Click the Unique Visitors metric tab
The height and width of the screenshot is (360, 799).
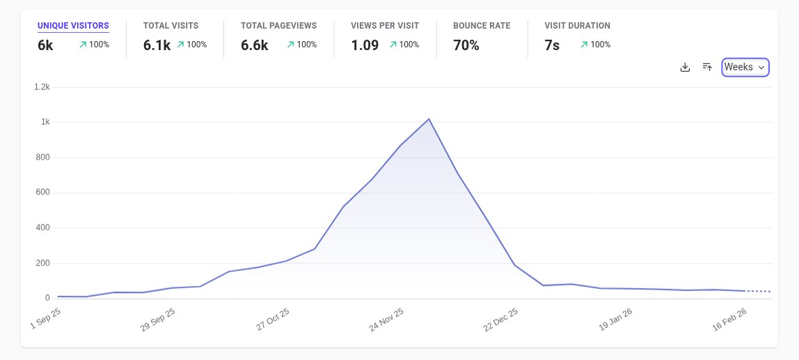click(x=73, y=26)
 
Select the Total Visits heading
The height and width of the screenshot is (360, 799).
click(x=171, y=26)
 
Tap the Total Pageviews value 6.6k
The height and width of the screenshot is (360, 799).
click(x=254, y=45)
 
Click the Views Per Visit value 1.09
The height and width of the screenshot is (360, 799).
click(x=365, y=45)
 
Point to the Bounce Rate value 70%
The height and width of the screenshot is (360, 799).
click(x=466, y=45)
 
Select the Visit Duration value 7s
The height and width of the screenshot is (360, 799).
click(x=552, y=45)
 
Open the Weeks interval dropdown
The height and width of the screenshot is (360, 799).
click(x=745, y=68)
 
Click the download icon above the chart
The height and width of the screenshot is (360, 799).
click(x=685, y=68)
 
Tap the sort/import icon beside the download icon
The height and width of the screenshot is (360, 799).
click(x=707, y=68)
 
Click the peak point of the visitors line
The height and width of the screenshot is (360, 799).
click(x=429, y=119)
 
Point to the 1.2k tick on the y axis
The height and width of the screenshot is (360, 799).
click(x=42, y=87)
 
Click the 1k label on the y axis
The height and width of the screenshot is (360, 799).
click(x=45, y=122)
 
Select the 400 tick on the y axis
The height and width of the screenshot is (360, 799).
click(x=43, y=228)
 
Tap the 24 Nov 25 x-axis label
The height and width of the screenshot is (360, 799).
click(x=387, y=320)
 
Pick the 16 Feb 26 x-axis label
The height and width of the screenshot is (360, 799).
click(x=729, y=320)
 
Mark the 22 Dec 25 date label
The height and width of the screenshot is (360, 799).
click(x=501, y=320)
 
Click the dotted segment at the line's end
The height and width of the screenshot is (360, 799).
click(x=759, y=291)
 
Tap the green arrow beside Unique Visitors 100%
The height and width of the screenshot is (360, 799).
click(x=83, y=45)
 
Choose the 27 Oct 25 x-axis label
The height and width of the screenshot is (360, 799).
click(x=273, y=320)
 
